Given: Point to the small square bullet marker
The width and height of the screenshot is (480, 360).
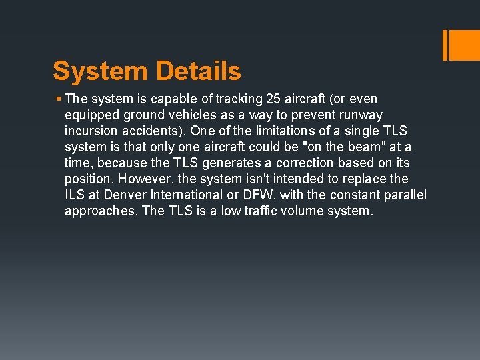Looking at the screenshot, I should pyautogui.click(x=59, y=99).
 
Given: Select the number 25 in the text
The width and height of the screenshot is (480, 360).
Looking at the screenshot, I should pyautogui.click(x=273, y=99).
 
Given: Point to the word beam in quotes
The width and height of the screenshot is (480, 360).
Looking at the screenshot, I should pyautogui.click(x=349, y=147).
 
